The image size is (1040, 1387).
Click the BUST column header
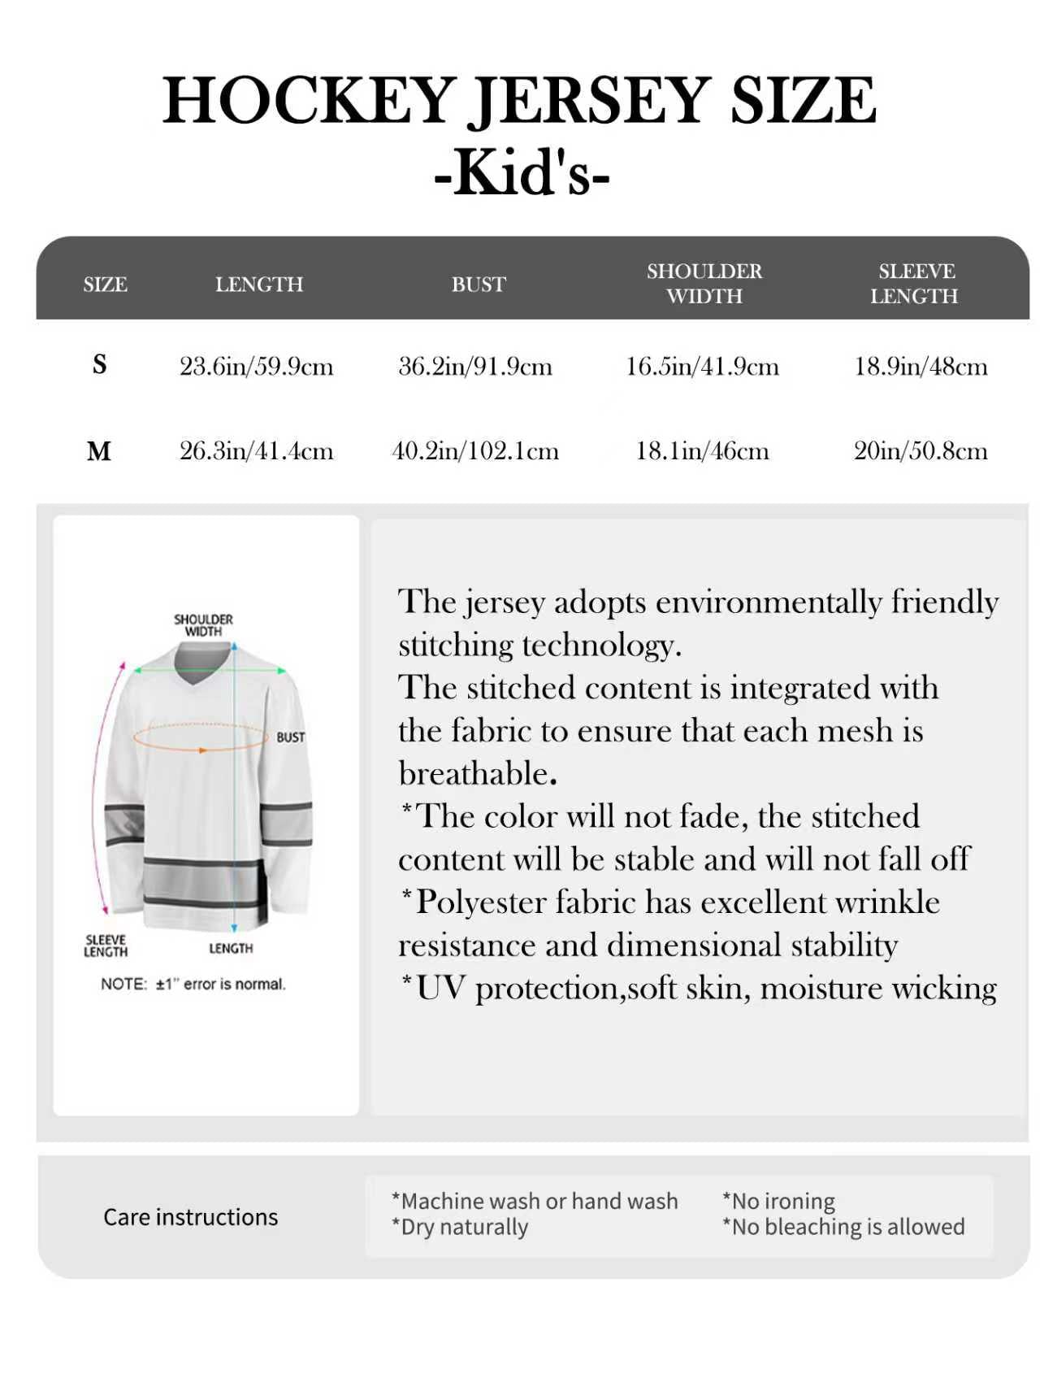[479, 284]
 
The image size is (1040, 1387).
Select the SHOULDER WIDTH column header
[704, 283]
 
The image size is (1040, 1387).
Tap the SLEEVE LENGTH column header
[915, 283]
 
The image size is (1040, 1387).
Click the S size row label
[99, 364]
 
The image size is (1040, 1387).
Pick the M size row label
[98, 450]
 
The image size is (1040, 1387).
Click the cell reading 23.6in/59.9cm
[256, 366]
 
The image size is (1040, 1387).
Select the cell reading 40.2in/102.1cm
[475, 450]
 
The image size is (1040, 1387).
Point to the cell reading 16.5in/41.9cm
[702, 366]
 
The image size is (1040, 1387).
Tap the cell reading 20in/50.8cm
[921, 450]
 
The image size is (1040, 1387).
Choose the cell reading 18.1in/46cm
[702, 450]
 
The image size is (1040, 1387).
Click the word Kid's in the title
[521, 172]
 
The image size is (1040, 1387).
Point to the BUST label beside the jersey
[290, 737]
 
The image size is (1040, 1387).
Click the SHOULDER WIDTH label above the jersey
[203, 625]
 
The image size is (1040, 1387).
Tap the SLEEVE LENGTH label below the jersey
[106, 946]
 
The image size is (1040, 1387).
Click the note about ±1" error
[193, 984]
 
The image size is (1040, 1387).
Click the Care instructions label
[190, 1217]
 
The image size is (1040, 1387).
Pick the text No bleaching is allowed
[843, 1227]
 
